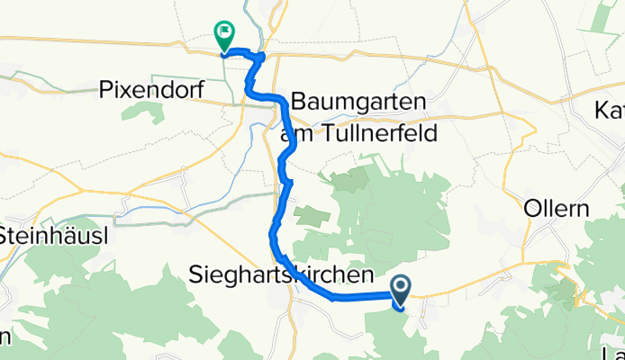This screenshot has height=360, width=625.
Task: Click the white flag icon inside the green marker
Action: pyautogui.click(x=223, y=32)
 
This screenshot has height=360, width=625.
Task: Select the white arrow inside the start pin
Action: pyautogui.click(x=400, y=287)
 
